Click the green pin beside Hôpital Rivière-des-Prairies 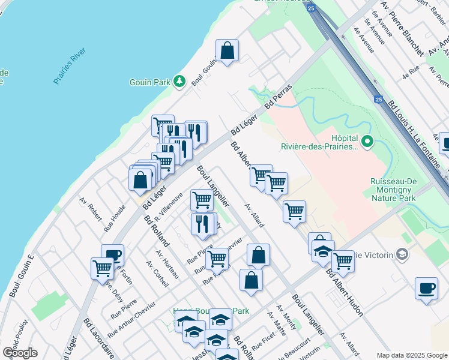tap(368, 142)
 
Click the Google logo tap(20, 353)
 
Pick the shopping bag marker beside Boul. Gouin tap(228, 52)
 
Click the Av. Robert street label tap(90, 208)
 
